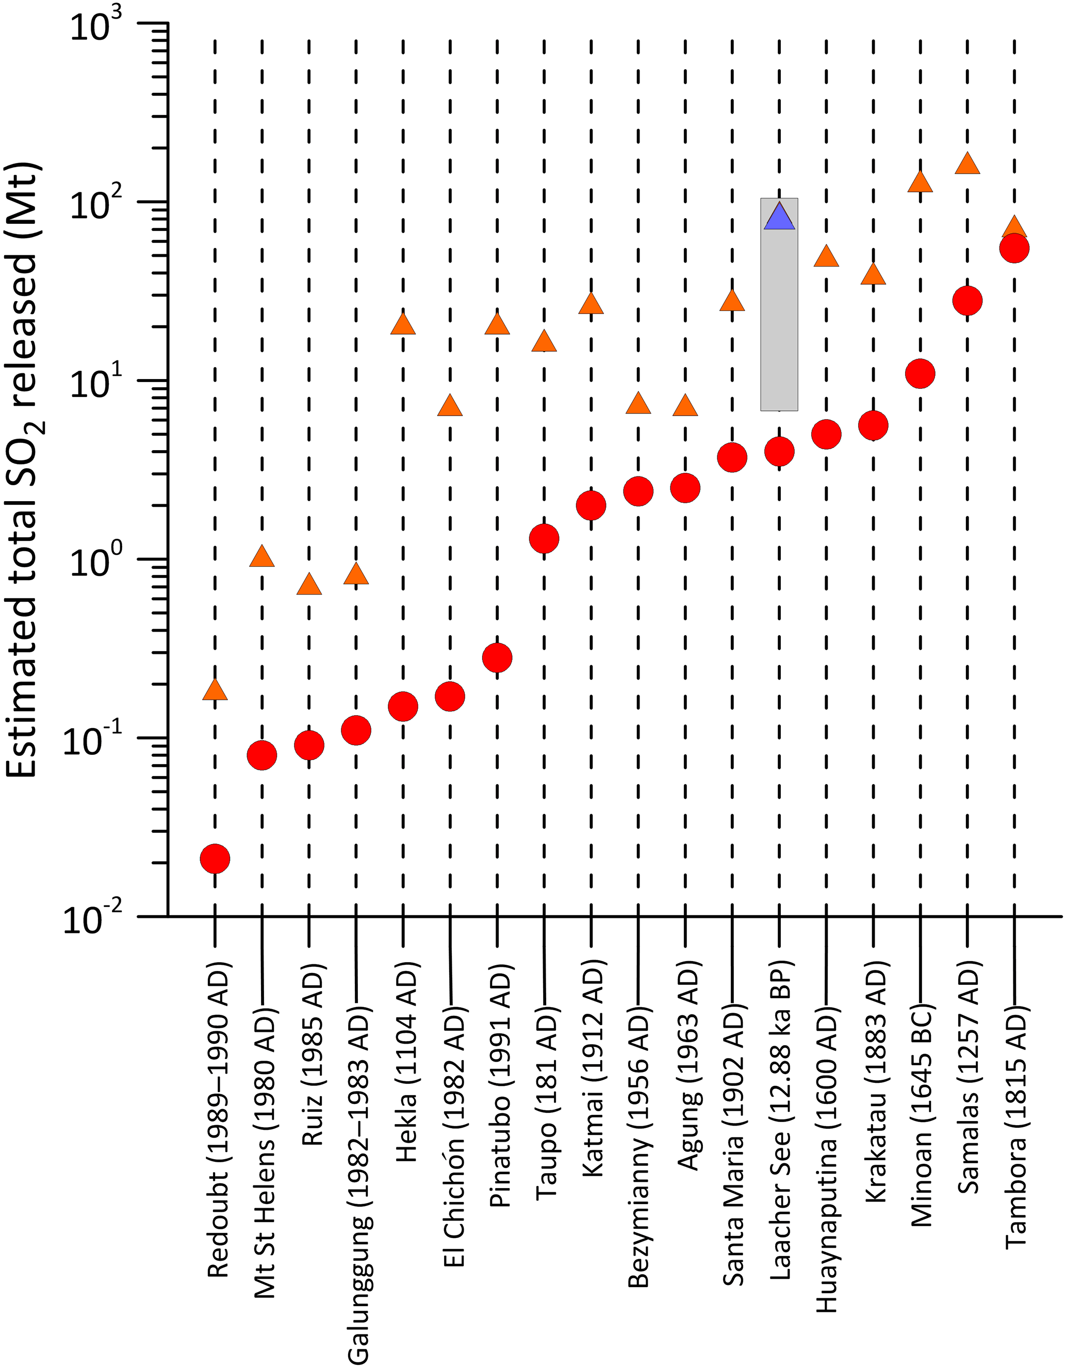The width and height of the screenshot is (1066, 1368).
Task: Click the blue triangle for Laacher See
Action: click(x=779, y=218)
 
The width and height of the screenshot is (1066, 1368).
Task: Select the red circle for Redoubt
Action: click(x=215, y=858)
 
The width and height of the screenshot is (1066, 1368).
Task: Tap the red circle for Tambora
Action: click(x=1014, y=248)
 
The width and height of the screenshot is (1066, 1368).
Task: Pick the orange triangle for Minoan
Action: click(x=920, y=182)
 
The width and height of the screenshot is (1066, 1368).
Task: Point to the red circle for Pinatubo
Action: click(x=497, y=657)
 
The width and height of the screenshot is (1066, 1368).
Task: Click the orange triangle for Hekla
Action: click(x=403, y=324)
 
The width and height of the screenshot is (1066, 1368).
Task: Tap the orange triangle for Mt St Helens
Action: click(x=262, y=557)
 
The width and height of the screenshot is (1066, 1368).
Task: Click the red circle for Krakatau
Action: click(x=873, y=426)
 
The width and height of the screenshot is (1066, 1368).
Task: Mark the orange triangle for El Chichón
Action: click(x=450, y=406)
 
